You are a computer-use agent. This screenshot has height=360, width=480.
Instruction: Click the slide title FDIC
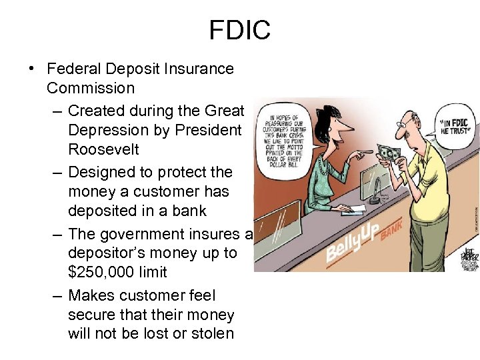(240, 30)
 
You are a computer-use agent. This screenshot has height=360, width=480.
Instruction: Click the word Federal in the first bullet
(71, 69)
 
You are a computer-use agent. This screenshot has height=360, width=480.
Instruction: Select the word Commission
(91, 88)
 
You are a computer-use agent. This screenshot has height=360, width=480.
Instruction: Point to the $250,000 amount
(101, 272)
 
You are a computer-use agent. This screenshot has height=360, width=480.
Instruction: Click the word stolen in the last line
(213, 333)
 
